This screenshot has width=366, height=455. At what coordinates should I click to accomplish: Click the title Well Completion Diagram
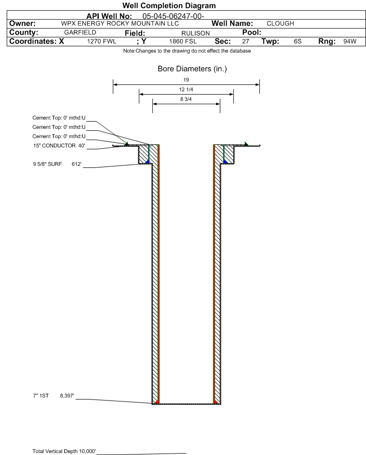169,6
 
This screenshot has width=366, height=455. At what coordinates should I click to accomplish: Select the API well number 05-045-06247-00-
173,16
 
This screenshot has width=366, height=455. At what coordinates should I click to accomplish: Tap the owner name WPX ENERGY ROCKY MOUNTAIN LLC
120,24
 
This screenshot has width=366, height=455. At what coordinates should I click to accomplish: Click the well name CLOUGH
280,24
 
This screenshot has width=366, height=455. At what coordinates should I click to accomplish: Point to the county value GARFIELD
80,32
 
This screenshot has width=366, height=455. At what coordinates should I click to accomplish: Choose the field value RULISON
195,33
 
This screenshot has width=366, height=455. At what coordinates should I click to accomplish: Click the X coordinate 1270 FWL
101,41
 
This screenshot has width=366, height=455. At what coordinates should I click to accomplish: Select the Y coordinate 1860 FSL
183,41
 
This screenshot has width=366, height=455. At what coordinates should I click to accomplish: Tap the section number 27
245,41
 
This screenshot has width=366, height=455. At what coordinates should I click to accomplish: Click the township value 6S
298,41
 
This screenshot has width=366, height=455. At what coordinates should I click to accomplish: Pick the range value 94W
350,41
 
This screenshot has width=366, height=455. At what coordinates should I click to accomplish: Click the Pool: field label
252,32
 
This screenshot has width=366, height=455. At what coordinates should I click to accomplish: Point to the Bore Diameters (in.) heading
192,69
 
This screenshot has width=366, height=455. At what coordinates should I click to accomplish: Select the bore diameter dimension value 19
186,80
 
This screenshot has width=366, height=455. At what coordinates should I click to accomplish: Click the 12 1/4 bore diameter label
186,89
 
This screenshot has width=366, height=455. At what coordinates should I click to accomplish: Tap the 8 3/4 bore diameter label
186,99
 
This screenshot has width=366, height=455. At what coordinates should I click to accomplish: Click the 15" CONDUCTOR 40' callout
59,146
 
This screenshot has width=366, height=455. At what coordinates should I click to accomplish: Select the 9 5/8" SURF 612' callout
57,164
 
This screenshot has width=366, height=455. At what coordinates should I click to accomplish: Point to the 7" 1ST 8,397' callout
54,396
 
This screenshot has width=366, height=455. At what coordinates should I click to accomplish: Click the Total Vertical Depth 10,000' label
64,451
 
